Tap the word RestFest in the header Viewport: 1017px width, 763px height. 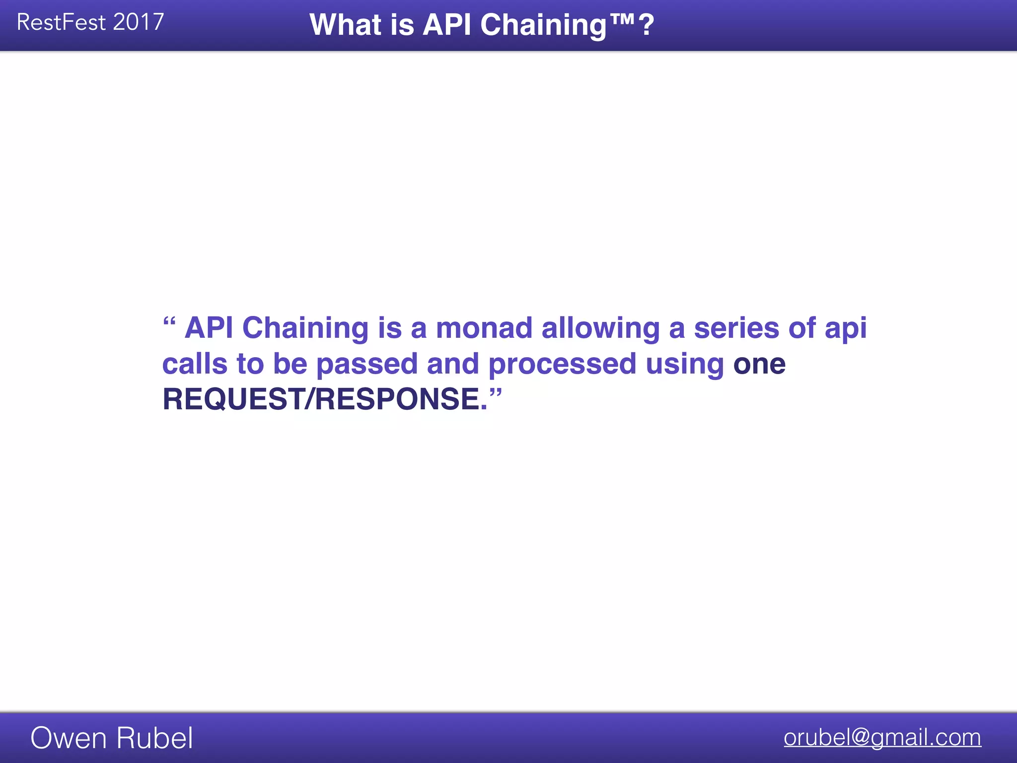click(x=61, y=22)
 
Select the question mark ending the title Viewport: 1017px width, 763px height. click(x=647, y=25)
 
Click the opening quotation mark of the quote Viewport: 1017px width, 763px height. click(x=169, y=321)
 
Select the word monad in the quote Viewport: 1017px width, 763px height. click(x=484, y=328)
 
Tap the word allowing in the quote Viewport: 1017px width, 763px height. click(x=600, y=329)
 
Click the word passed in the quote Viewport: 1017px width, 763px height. click(x=367, y=365)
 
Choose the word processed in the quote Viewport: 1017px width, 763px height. click(x=562, y=365)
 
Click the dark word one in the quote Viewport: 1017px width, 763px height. click(x=759, y=365)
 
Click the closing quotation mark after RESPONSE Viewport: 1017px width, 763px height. click(x=496, y=393)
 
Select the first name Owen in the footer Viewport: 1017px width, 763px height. click(x=68, y=738)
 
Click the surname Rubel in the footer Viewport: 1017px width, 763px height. click(x=154, y=738)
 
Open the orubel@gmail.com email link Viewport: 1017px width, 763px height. click(x=882, y=737)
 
